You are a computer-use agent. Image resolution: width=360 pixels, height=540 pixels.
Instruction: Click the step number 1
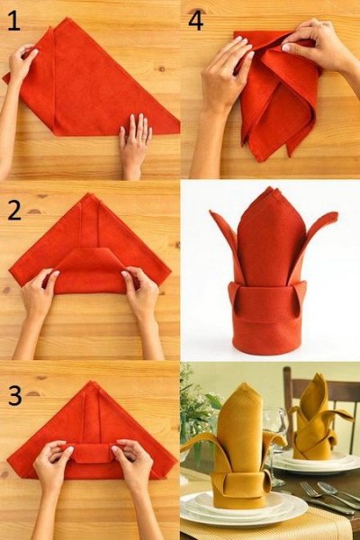tap(13, 21)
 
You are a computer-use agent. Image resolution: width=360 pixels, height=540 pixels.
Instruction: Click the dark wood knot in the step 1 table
tap(161, 69)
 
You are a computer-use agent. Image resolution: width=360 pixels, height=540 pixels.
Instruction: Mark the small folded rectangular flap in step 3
tap(92, 454)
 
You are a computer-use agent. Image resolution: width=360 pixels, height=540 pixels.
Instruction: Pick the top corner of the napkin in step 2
tap(91, 193)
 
